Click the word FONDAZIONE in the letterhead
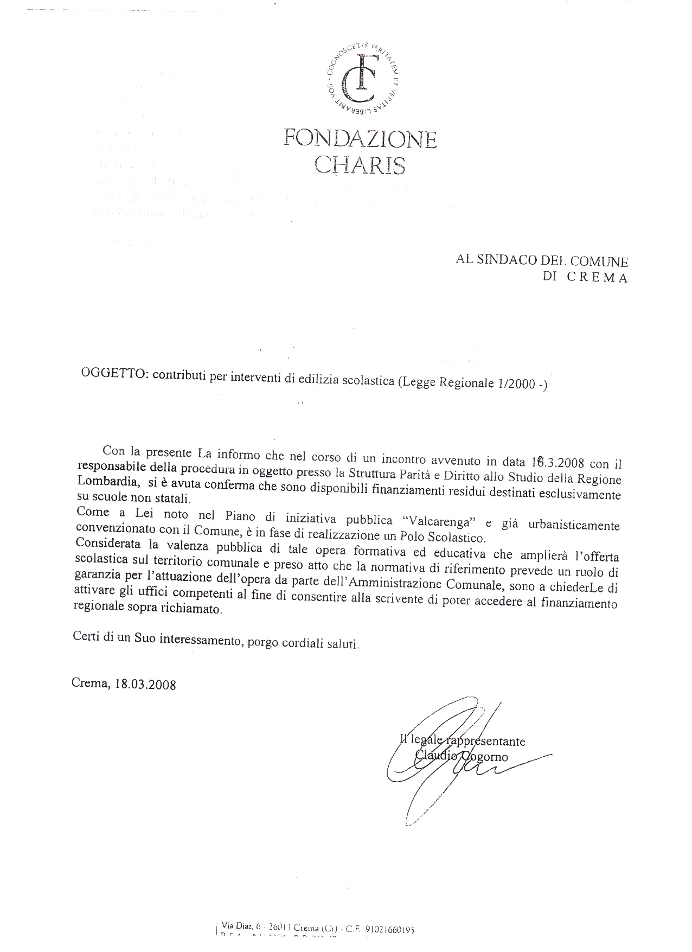(360, 139)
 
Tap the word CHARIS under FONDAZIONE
(360, 165)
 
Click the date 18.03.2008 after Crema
(145, 683)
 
